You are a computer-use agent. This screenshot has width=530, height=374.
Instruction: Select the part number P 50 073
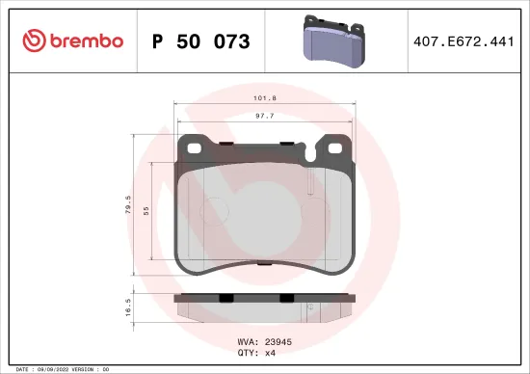point(201,41)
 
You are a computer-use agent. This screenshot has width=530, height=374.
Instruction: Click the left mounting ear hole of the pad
point(192,149)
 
